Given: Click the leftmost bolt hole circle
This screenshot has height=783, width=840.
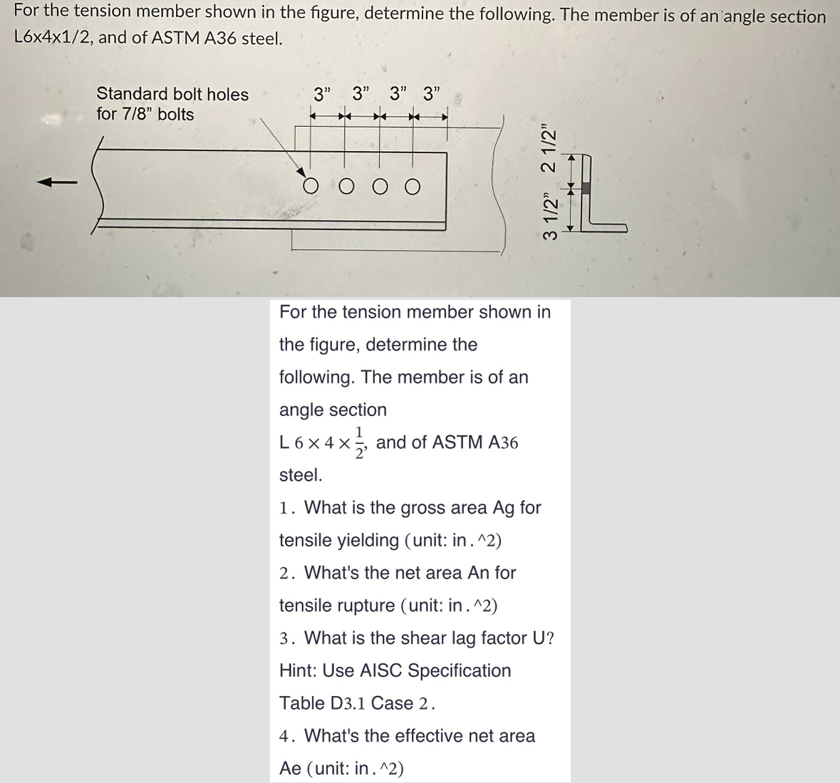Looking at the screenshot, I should pos(311,187).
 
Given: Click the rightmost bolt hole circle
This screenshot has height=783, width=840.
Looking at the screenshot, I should pos(412,187).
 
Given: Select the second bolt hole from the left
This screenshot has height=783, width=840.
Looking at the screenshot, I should pos(346,187).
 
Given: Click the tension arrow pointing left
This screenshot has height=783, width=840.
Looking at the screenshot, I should pos(57,183).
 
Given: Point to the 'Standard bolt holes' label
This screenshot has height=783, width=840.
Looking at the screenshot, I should pos(172,94).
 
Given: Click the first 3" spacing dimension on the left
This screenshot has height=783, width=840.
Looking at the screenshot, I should pos(323,93).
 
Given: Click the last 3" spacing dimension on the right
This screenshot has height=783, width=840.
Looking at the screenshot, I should pos(432,93).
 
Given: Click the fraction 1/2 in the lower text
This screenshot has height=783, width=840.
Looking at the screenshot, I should pos(361,442).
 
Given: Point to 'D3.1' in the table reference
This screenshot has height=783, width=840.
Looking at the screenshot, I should pos(348,703).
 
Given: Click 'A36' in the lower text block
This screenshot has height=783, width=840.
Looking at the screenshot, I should pos(504,442).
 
